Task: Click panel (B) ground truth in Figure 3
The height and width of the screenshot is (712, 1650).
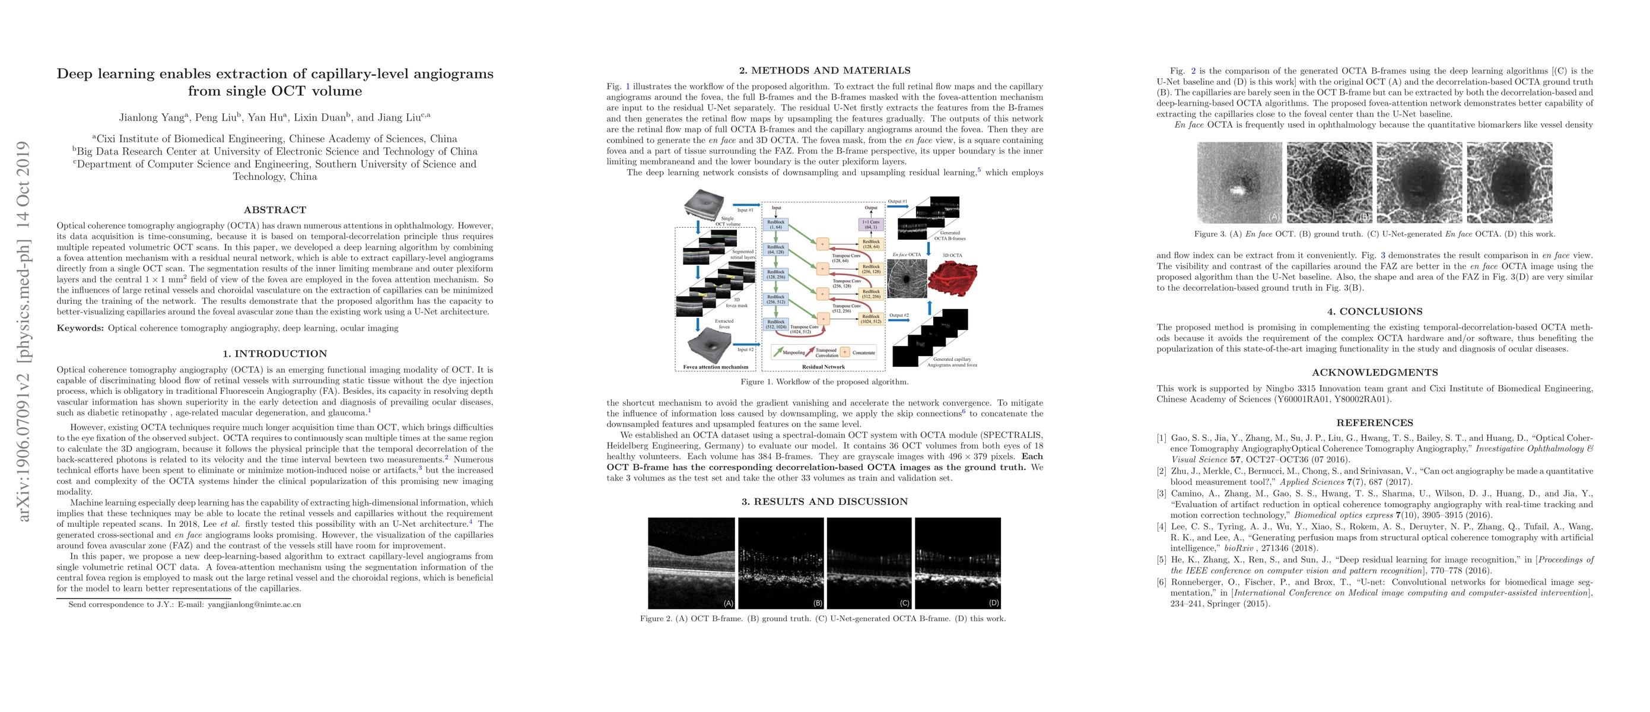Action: click(x=1329, y=183)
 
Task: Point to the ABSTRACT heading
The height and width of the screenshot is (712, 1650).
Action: click(x=275, y=210)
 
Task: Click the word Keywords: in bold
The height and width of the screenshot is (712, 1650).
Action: click(x=80, y=329)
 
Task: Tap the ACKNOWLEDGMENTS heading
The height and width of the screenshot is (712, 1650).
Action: click(x=1375, y=373)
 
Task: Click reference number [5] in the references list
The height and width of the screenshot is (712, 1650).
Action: click(x=1161, y=560)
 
